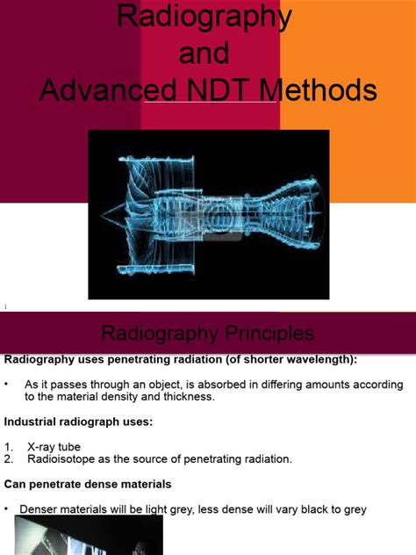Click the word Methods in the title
click(x=329, y=90)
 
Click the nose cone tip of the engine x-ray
click(x=104, y=215)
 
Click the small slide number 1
click(x=5, y=306)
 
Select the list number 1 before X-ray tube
click(x=8, y=447)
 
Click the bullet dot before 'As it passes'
click(x=5, y=384)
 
